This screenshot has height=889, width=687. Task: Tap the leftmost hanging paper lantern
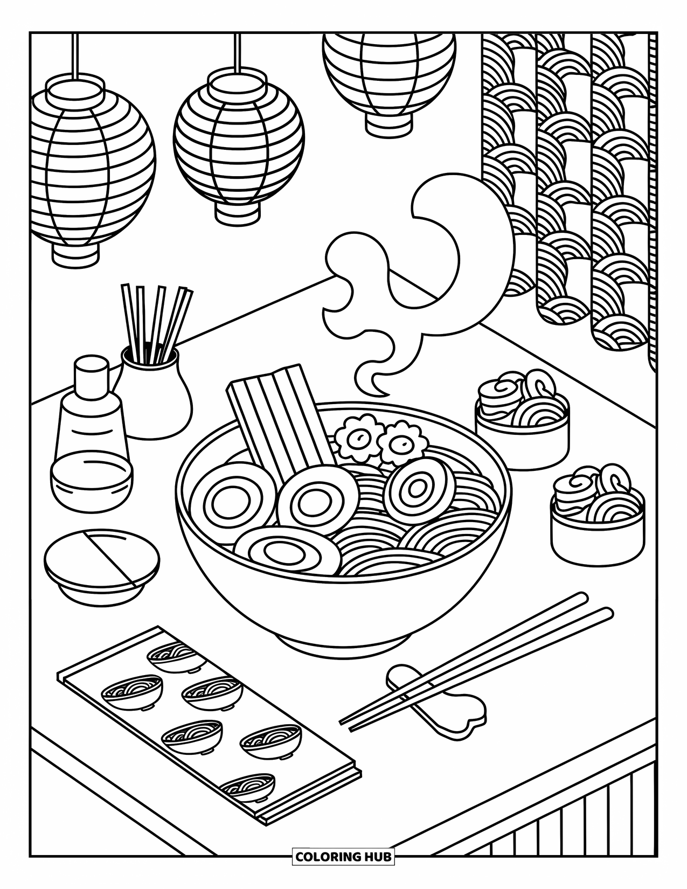(x=92, y=167)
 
